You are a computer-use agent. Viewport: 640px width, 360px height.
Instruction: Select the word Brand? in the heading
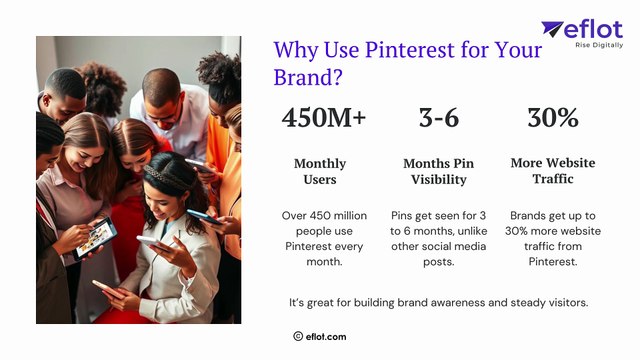pos(306,77)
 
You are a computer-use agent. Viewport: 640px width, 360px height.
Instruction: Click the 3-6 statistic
pos(438,118)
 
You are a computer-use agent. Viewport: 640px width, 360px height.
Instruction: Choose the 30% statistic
pos(552,118)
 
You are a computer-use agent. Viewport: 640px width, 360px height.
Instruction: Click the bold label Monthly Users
pos(320,171)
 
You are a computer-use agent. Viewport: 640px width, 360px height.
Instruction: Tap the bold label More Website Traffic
pos(552,171)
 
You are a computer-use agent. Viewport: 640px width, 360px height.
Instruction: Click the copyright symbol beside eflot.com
pos(298,337)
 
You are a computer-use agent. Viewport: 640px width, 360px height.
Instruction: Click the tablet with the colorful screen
pos(98,236)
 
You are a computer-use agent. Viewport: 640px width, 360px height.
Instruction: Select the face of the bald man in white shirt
pos(163,97)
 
